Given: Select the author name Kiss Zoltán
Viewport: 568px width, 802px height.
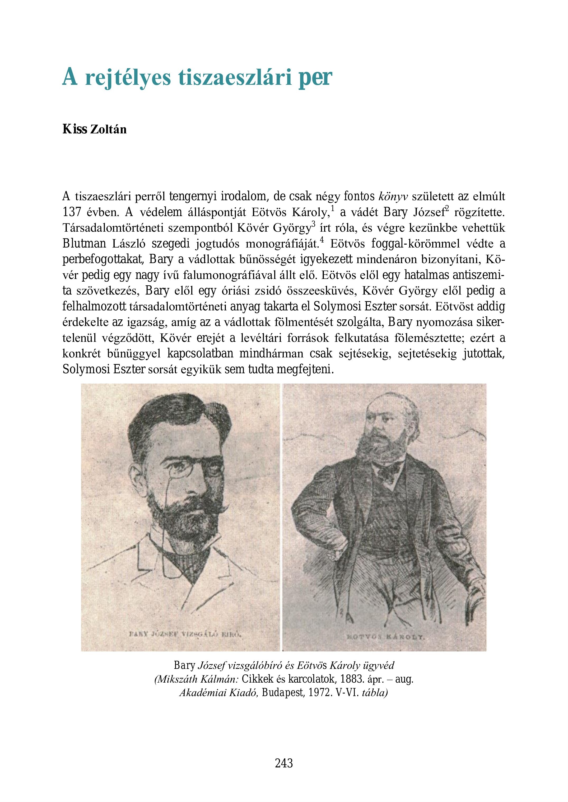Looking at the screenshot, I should (94, 129).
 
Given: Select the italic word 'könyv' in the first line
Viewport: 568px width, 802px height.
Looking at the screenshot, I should (393, 197).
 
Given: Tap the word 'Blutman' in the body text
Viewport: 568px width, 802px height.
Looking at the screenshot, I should (84, 244).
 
